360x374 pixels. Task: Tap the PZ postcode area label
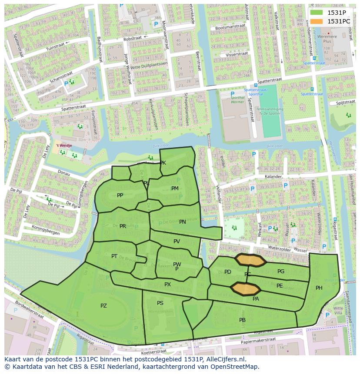click(103, 306)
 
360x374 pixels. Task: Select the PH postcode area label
click(319, 288)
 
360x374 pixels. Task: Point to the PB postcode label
click(242, 320)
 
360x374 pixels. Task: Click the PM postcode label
click(175, 189)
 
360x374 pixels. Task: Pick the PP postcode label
click(120, 195)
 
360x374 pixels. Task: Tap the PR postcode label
click(123, 226)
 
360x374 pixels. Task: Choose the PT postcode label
click(114, 256)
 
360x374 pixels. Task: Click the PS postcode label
click(160, 303)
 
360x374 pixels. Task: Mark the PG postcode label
click(281, 271)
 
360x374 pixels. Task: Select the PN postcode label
click(183, 222)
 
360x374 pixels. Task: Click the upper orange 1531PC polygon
click(250, 260)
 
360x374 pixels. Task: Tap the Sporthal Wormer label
click(237, 101)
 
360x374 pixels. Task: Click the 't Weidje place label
click(63, 146)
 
